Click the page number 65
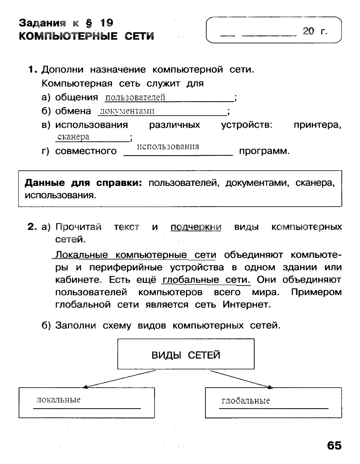(334, 445)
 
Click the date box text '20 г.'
(315, 31)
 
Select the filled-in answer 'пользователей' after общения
(135, 98)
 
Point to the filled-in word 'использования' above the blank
(167, 147)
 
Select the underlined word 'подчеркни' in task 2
(195, 227)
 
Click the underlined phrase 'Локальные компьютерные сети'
(136, 255)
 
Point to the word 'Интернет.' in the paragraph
(246, 305)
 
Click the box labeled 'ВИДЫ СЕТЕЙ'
(186, 354)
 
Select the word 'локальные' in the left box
(58, 400)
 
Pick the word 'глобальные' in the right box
(246, 401)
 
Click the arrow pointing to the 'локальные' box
(120, 379)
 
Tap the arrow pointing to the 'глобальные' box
(241, 379)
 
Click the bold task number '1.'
(33, 69)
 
